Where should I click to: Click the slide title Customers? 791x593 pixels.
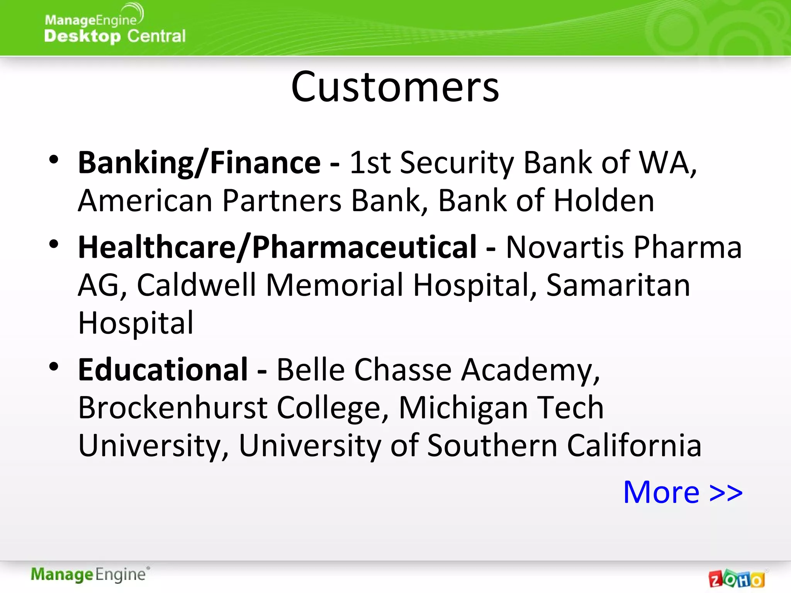click(x=395, y=87)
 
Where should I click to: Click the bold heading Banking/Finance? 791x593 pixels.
click(x=199, y=163)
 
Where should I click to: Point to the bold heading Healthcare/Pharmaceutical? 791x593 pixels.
click(x=277, y=247)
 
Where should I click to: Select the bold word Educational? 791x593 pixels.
click(x=163, y=369)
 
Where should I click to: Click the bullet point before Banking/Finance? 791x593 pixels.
click(x=54, y=159)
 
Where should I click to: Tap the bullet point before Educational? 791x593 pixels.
click(x=54, y=366)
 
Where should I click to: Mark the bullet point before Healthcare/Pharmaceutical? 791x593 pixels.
click(x=54, y=244)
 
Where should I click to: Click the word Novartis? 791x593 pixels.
click(x=565, y=247)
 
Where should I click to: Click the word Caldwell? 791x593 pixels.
click(x=196, y=285)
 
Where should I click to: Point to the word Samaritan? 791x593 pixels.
click(x=618, y=285)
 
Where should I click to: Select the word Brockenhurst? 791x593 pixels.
click(x=173, y=408)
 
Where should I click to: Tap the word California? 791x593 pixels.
click(x=633, y=445)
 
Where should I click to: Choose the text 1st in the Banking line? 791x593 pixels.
click(x=370, y=163)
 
